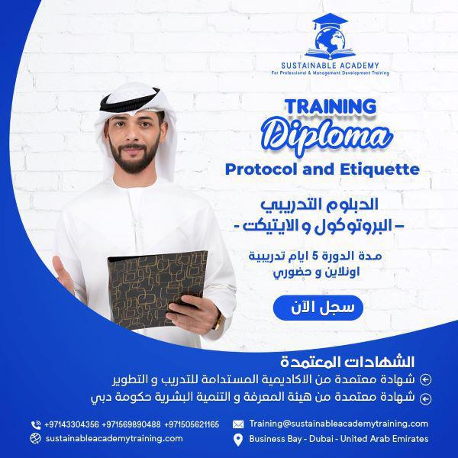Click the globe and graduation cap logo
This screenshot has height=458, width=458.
(330, 36)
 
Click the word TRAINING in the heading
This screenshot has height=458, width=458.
(331, 107)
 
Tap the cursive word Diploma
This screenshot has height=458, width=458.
(327, 136)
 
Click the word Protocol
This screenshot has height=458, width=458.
(261, 169)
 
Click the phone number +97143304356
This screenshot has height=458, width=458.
(72, 424)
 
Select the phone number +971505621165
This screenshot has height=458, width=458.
(192, 424)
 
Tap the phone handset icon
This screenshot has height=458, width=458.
(36, 424)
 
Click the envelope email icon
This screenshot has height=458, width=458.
(238, 424)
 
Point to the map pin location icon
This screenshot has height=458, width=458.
(238, 440)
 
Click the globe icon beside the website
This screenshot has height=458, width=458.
(36, 438)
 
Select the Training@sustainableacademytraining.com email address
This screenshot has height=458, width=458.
(338, 424)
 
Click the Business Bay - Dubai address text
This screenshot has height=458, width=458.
(339, 439)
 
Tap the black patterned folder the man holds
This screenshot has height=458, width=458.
(156, 289)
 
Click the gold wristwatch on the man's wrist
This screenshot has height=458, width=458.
(218, 321)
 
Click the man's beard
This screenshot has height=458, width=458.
(134, 158)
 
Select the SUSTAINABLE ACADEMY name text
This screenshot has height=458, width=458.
(330, 66)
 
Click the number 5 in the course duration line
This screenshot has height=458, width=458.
(314, 256)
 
